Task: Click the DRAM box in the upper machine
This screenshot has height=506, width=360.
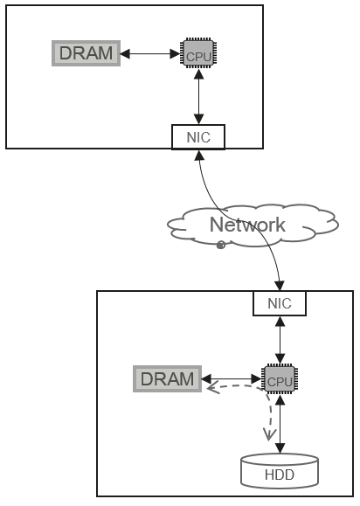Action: (87, 53)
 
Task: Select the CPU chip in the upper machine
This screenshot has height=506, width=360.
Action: (198, 53)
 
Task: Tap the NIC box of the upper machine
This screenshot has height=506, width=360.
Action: (198, 137)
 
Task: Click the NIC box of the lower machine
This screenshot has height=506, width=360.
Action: (280, 303)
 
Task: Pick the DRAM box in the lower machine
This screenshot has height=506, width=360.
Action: (168, 379)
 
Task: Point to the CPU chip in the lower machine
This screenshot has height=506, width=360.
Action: (280, 379)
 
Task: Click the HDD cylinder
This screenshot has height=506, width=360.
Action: (280, 471)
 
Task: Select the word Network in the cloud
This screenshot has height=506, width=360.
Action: (247, 225)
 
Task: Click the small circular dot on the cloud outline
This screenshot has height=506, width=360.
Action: (221, 245)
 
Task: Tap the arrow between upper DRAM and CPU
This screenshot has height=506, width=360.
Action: (149, 53)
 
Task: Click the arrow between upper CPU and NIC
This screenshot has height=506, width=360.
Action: (199, 97)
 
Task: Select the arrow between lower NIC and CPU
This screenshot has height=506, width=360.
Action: (280, 340)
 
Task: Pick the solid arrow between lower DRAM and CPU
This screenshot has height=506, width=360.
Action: (232, 379)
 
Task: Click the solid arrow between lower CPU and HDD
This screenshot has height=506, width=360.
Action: (280, 424)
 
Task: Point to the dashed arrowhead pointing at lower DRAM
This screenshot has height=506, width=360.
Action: (213, 387)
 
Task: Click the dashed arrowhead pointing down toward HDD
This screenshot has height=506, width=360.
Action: (269, 434)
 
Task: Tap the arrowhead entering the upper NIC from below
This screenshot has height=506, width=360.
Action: (200, 155)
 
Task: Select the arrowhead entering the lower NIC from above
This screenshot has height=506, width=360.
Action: (280, 286)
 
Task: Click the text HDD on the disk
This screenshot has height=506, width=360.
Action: (280, 475)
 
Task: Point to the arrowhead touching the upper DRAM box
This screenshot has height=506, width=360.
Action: (125, 53)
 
